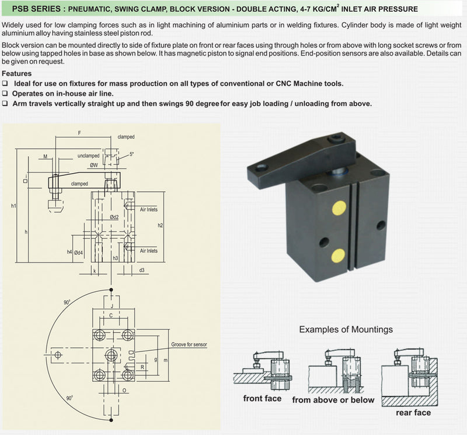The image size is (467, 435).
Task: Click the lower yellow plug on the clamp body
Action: pyautogui.click(x=337, y=255)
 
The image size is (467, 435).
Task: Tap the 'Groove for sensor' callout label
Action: pyautogui.click(x=189, y=344)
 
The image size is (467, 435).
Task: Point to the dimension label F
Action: pyautogui.click(x=79, y=133)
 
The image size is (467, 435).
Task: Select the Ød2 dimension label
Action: pyautogui.click(x=114, y=217)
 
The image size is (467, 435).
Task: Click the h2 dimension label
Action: pyautogui.click(x=160, y=225)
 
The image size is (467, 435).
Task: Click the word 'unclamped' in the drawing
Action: pyautogui.click(x=88, y=156)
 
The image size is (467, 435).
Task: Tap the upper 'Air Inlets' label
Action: pyautogui.click(x=149, y=209)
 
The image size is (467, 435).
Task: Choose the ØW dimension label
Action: pyautogui.click(x=93, y=165)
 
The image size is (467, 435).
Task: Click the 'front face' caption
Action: pyautogui.click(x=262, y=399)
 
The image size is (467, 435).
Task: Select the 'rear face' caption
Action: pyautogui.click(x=413, y=412)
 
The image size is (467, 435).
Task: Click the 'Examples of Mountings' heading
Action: pyautogui.click(x=346, y=330)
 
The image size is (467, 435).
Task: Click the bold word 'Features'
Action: pyautogui.click(x=17, y=74)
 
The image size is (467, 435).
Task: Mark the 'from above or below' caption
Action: pyautogui.click(x=332, y=400)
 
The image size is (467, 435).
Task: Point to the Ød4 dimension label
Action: pyautogui.click(x=79, y=253)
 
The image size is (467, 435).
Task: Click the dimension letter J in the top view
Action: pyautogui.click(x=110, y=305)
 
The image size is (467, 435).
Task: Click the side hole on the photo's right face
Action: pyautogui.click(x=381, y=225)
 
